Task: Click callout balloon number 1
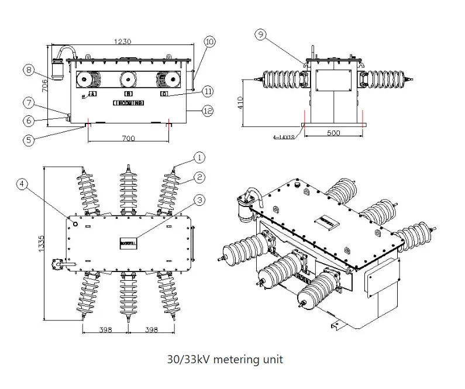click(x=199, y=157)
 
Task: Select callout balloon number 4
click(x=22, y=184)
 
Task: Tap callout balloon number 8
click(x=29, y=70)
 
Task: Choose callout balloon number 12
click(x=208, y=111)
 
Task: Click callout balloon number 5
click(x=29, y=140)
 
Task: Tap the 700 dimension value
click(x=129, y=139)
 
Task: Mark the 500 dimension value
click(x=333, y=133)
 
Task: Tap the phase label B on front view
click(x=128, y=94)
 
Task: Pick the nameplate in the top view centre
click(x=128, y=241)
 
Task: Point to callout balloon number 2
click(x=199, y=176)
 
